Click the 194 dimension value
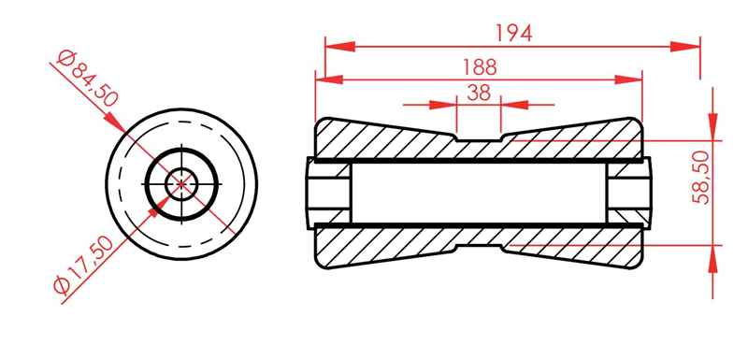coord(513,33)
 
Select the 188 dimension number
coord(480,67)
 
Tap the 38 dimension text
coord(479,93)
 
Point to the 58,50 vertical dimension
coord(700,178)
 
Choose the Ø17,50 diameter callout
coord(83,266)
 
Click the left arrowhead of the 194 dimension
coord(340,46)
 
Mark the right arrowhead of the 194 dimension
coord(685,46)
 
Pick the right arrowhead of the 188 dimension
coord(628,79)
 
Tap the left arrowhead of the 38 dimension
coord(443,105)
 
